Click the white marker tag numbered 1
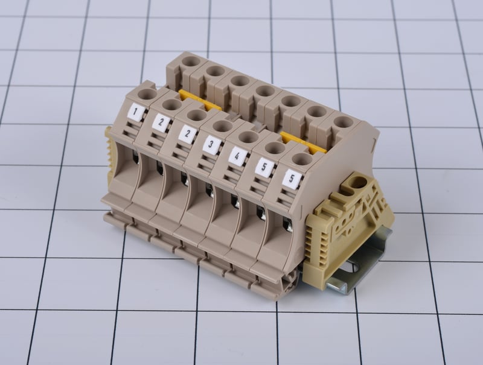coord(135,112)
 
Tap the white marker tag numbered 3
coord(212,144)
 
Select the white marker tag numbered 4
coord(237,156)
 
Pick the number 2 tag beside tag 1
coord(161,122)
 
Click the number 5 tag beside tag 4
coord(264,167)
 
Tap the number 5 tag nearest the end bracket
coord(292,179)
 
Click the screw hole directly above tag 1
coord(147,94)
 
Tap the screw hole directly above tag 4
coord(248,137)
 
